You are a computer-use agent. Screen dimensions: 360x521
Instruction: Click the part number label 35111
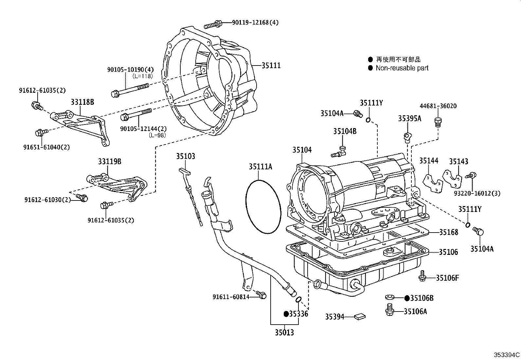(271, 65)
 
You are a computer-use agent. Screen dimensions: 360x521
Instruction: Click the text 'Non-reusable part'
(402, 68)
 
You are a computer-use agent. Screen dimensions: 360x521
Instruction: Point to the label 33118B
(82, 102)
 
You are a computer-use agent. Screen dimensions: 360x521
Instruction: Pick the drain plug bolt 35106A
(389, 310)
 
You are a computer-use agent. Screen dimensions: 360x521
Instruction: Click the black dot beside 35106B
(407, 298)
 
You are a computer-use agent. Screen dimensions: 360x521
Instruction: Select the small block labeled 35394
(360, 316)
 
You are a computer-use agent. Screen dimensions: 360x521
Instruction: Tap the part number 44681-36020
(438, 106)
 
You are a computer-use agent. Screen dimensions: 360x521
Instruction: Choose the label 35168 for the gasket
(448, 232)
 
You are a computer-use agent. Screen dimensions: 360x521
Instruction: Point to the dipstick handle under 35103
(185, 171)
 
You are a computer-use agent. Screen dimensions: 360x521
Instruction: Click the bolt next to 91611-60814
(261, 294)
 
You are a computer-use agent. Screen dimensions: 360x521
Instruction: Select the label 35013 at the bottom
(284, 333)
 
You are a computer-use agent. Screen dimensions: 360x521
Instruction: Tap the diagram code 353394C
(507, 355)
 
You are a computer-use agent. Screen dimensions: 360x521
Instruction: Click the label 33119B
(110, 161)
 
